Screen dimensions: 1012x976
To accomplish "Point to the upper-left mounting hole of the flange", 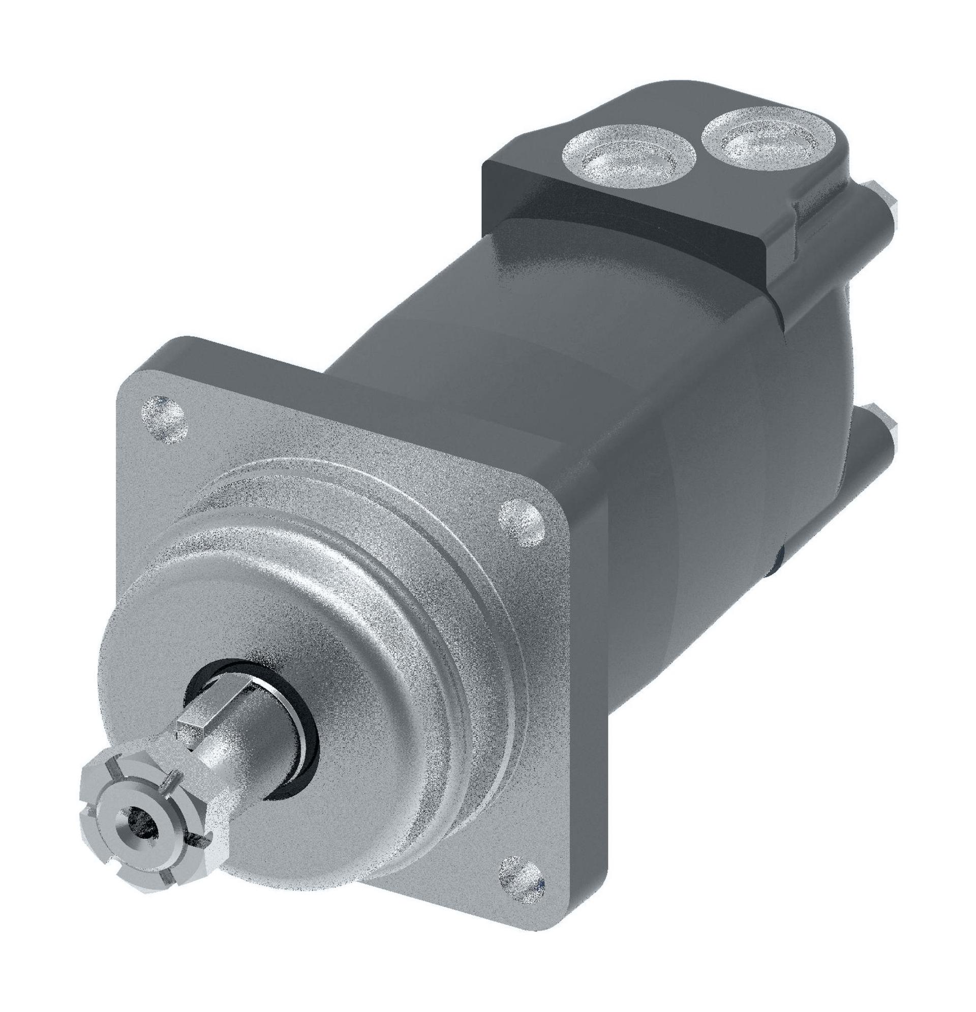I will click(x=163, y=418).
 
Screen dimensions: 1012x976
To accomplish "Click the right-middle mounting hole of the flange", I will click(x=523, y=520).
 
